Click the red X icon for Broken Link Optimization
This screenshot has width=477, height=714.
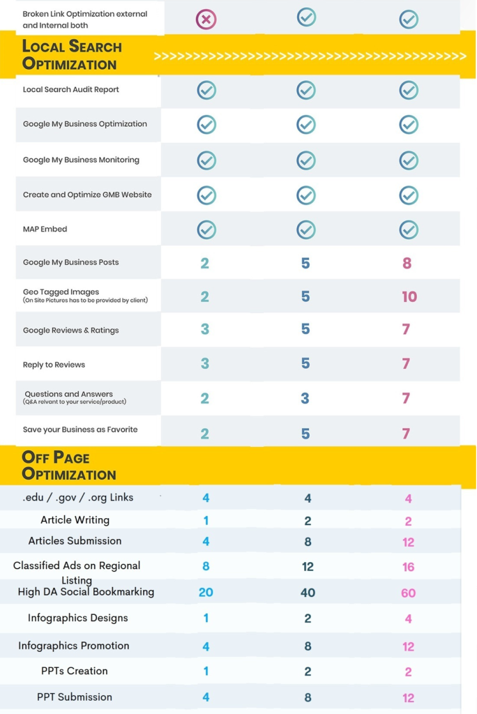(x=206, y=19)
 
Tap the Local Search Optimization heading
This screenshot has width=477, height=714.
(x=72, y=55)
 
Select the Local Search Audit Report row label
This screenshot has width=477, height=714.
(x=71, y=89)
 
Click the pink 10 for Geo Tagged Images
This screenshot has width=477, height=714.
(x=409, y=296)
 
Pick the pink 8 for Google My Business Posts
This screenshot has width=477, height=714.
(x=407, y=263)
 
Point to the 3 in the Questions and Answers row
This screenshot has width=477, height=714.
(x=305, y=398)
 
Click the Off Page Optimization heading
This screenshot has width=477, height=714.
(x=69, y=466)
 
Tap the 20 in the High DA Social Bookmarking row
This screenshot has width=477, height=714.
(x=206, y=593)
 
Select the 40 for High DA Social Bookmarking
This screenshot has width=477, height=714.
(x=308, y=593)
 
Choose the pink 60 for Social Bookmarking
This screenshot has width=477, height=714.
(x=409, y=593)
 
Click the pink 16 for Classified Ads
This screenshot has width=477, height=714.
(x=409, y=567)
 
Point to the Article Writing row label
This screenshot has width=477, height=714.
(x=75, y=519)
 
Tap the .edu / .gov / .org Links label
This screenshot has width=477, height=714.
(x=78, y=497)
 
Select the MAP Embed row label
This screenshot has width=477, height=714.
(x=45, y=229)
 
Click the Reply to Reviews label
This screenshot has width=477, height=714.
(x=54, y=365)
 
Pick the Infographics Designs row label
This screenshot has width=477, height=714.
(x=78, y=618)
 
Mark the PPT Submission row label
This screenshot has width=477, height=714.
(x=75, y=697)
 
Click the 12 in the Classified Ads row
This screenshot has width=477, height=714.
(x=308, y=567)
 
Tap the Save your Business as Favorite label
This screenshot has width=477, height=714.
(x=80, y=430)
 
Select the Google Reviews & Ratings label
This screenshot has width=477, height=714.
(x=71, y=331)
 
